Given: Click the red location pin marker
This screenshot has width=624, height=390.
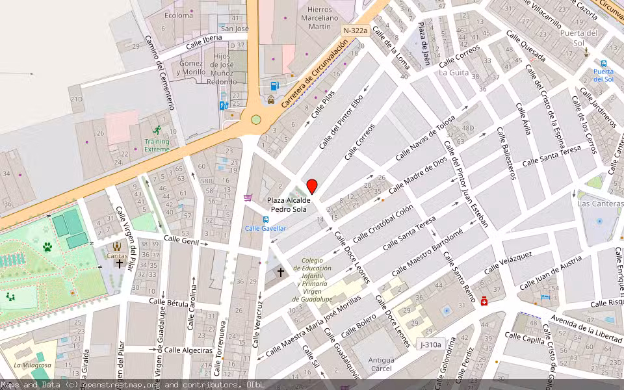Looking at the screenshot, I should [312, 187].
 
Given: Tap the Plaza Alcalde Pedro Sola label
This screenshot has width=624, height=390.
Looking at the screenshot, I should [289, 205].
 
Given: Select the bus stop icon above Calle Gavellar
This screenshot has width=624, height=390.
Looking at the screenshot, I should [265, 219].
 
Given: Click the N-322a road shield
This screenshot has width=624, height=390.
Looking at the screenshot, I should [355, 31].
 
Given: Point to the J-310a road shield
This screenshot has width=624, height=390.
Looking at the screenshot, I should [430, 344].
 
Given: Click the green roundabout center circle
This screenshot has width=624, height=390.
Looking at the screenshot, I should [256, 120].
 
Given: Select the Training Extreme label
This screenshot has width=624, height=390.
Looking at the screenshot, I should [157, 145].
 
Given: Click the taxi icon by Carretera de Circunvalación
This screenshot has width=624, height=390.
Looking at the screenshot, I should [270, 100].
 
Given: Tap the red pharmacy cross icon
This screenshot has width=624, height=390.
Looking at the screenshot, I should [484, 302].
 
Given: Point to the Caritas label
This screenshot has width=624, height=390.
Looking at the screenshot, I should [117, 255].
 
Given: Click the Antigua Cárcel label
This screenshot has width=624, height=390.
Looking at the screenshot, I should [382, 364].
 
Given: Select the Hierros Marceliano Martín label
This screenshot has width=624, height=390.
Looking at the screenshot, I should [319, 18].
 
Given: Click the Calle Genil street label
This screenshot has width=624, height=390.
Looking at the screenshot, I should [181, 240].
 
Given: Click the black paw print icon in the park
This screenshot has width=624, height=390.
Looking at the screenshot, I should [47, 247].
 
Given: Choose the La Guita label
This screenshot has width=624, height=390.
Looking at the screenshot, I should [453, 73].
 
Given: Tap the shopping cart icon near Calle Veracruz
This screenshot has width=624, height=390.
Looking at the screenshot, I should [248, 198].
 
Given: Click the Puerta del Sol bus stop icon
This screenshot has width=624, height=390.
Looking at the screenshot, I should [604, 64].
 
